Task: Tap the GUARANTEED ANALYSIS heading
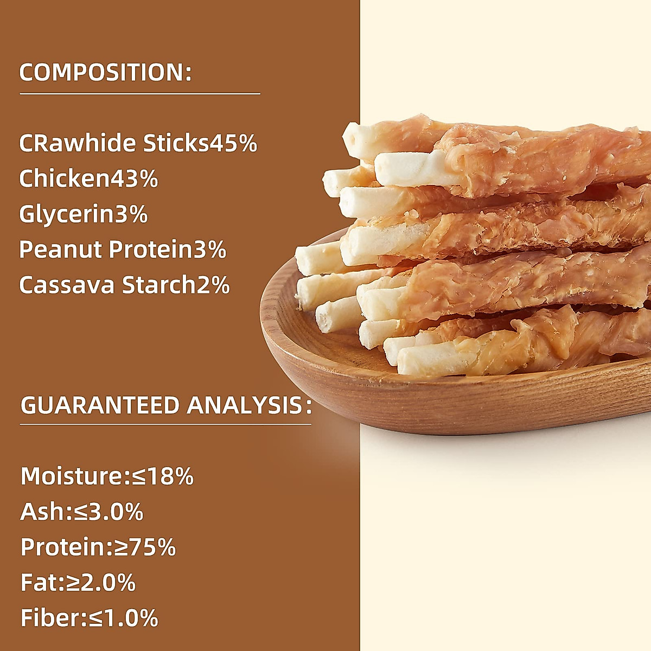pyautogui.click(x=166, y=406)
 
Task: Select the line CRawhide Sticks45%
pyautogui.click(x=138, y=143)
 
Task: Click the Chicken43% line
pyautogui.click(x=88, y=179)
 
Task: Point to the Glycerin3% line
pyautogui.click(x=83, y=214)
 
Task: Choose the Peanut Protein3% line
pyautogui.click(x=123, y=250)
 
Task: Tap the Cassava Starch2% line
pyautogui.click(x=124, y=285)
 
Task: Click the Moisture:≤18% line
pyautogui.click(x=107, y=476)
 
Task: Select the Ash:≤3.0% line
pyautogui.click(x=82, y=512)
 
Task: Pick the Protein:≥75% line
pyautogui.click(x=98, y=547)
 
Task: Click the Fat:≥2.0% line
pyautogui.click(x=78, y=583)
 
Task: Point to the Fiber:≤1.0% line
pyautogui.click(x=89, y=618)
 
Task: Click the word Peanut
pyautogui.click(x=60, y=250)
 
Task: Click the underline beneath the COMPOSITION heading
pyautogui.click(x=140, y=94)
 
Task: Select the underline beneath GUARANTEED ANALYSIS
pyautogui.click(x=166, y=424)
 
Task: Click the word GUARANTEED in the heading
pyautogui.click(x=100, y=406)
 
